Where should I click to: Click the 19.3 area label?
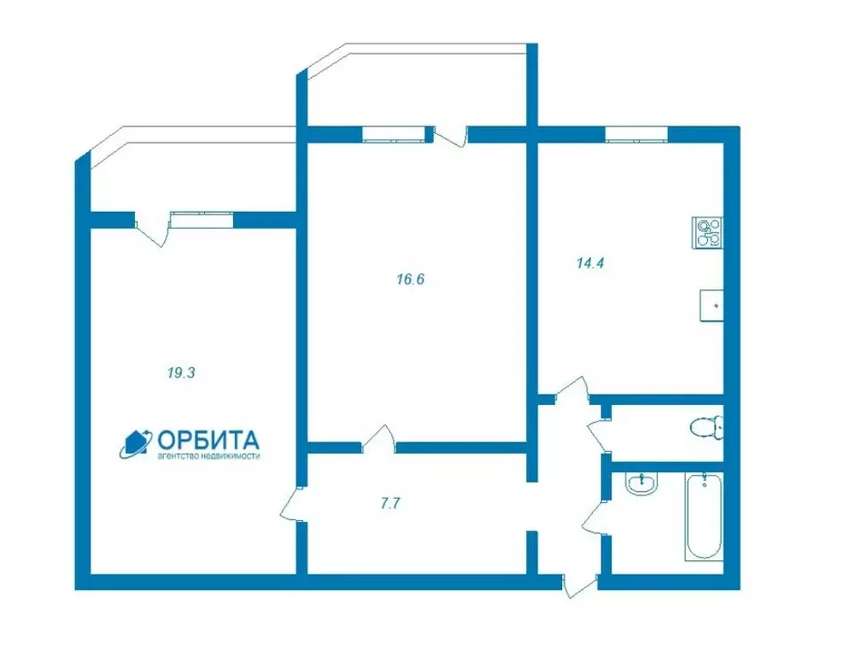pyautogui.click(x=181, y=372)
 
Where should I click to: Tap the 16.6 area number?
pyautogui.click(x=411, y=279)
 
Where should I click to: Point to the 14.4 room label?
pyautogui.click(x=590, y=263)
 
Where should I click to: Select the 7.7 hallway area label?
pyautogui.click(x=390, y=504)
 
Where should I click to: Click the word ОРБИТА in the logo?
pyautogui.click(x=208, y=441)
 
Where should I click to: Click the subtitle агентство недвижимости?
pyautogui.click(x=208, y=456)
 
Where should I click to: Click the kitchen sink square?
pyautogui.click(x=711, y=306)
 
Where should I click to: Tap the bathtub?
pyautogui.click(x=703, y=516)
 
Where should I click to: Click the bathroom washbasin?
pyautogui.click(x=641, y=483)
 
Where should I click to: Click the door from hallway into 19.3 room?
pyautogui.click(x=293, y=504)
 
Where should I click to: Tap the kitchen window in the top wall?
pyautogui.click(x=636, y=134)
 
